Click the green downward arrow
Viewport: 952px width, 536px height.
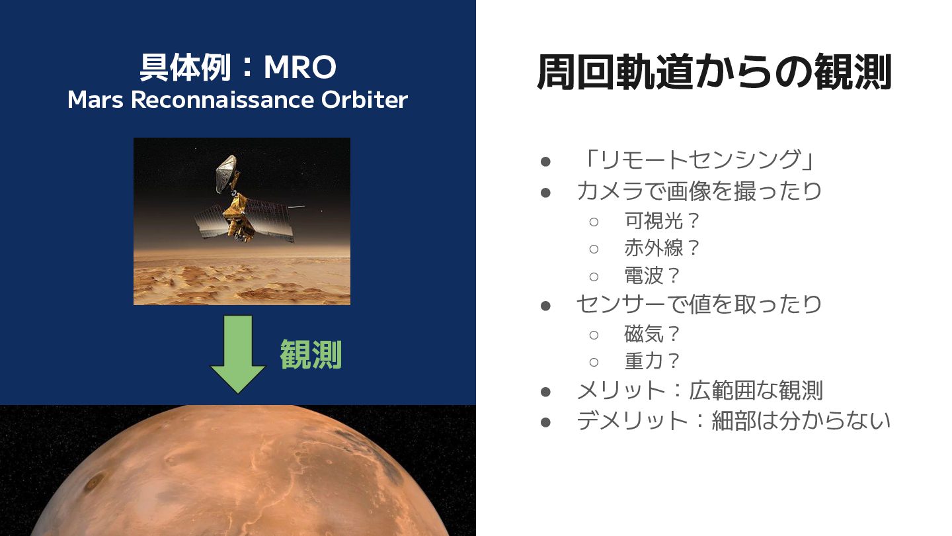pos(237,354)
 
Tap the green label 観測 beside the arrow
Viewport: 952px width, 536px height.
pos(311,355)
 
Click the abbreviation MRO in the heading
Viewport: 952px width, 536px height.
pos(300,67)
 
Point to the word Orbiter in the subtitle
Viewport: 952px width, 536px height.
pos(365,100)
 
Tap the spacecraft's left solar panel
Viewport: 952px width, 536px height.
pos(211,221)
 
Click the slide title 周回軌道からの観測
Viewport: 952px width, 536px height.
pos(714,71)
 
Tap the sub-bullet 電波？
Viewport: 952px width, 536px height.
pos(653,275)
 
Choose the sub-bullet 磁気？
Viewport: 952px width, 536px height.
pos(653,334)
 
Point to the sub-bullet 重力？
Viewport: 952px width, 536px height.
pos(653,361)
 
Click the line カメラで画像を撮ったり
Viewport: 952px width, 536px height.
pos(699,191)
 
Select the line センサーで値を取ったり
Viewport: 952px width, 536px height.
pos(699,304)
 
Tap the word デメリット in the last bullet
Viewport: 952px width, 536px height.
pos(633,421)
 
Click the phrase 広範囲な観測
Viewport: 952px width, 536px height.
pos(756,390)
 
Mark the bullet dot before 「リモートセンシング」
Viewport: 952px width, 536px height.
pos(545,161)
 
